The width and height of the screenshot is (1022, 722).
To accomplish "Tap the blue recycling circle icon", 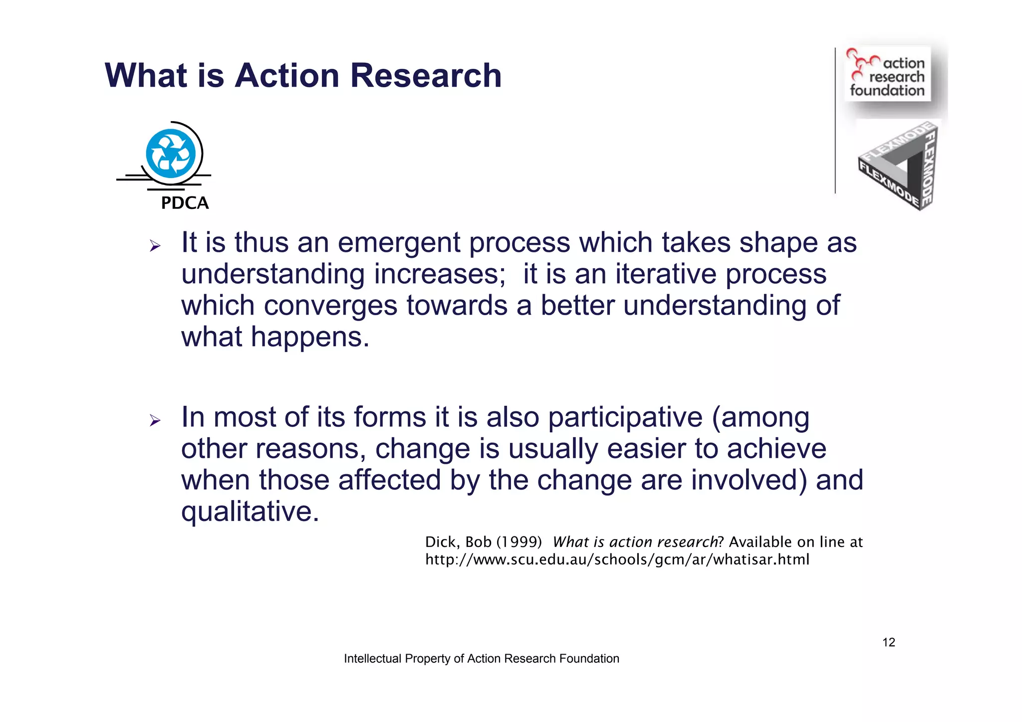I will (x=171, y=154).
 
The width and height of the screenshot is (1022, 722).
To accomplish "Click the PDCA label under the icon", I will (x=185, y=203).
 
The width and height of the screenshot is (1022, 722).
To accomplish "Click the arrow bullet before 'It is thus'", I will (x=155, y=246).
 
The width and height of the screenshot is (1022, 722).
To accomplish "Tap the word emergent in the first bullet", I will (x=399, y=243).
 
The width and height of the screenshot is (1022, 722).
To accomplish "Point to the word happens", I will (x=310, y=337).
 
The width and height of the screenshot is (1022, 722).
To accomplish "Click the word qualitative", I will (x=250, y=512).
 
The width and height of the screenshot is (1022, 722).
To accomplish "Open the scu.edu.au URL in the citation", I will (x=617, y=559).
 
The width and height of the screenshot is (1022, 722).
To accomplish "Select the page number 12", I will (x=889, y=642).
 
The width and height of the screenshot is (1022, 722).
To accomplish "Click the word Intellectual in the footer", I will (x=373, y=659).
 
